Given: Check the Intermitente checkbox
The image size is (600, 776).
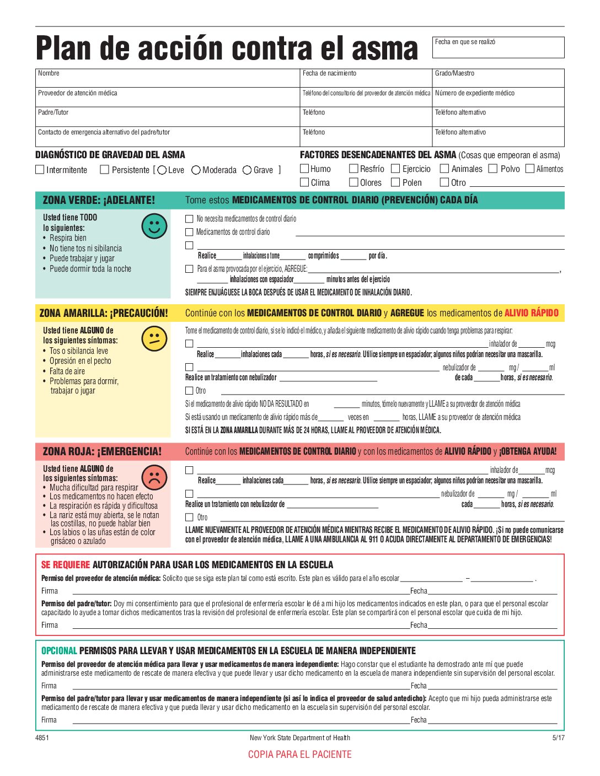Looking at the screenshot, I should pos(40,170).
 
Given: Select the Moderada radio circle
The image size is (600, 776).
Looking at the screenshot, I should pos(196,170).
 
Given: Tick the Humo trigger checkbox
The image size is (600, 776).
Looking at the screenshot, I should pos(304,169).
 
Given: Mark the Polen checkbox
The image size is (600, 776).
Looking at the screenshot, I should pos(395,182).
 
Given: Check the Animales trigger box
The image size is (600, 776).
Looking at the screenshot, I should pos(444,169).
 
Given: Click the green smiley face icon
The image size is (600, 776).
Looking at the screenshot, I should pos(154,226).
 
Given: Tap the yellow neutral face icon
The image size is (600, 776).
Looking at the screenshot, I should pos(154,339).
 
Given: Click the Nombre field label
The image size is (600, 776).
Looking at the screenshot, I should pos(49,73).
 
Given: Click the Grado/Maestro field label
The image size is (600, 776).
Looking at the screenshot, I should pos(454,73).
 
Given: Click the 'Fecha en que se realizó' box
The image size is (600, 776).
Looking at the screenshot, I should pos(498,47).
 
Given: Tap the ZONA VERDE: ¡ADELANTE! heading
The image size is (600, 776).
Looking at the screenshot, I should pos(99,200).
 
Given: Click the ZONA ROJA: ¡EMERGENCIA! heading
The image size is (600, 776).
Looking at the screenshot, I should pos(102,451).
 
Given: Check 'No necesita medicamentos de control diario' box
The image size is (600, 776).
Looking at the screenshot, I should pos(189,219).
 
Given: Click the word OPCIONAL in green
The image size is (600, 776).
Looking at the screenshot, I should pos(59,651).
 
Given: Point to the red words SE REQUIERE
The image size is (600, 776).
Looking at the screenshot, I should pos(65,565).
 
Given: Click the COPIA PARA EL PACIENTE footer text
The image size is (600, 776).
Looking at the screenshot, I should pos(299,755).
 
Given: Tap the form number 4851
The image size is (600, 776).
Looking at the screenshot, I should pos(42,738).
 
